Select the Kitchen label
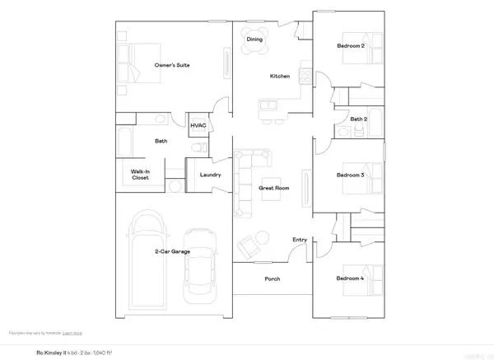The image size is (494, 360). [x=280, y=77]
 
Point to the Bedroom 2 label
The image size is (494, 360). [x=351, y=46]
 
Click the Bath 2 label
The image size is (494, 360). [x=357, y=119]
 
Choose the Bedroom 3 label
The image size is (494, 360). [x=351, y=175]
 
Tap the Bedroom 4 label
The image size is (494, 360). [x=351, y=279]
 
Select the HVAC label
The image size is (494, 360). [x=198, y=125]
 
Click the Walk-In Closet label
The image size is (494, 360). [x=139, y=175]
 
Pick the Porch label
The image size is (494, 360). [x=272, y=279]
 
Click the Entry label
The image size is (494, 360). [x=300, y=240]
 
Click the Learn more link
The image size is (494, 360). [x=72, y=333]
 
